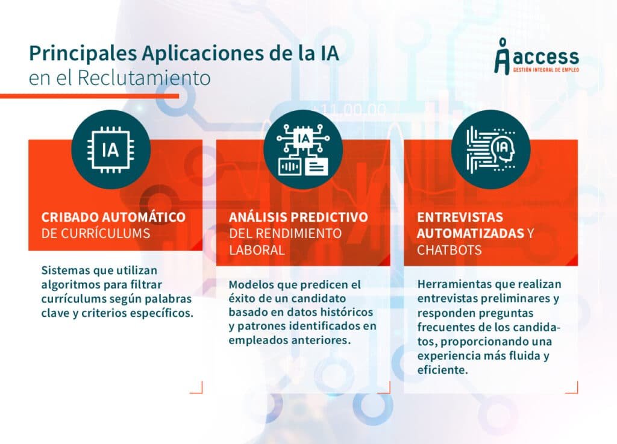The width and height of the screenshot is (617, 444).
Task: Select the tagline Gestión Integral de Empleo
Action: click(545, 70)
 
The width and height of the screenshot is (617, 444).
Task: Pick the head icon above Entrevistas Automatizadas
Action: click(490, 149)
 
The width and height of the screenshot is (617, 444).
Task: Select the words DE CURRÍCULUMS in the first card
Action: click(95, 233)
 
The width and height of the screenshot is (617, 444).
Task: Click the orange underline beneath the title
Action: click(90, 96)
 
